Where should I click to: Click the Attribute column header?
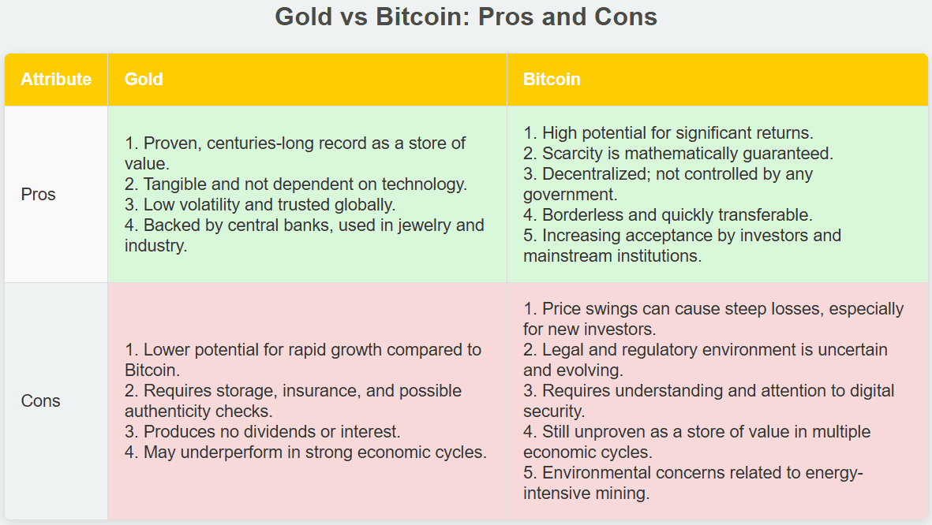coord(56,79)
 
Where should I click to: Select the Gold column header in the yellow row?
coord(144,79)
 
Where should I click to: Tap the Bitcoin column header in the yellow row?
coord(552,79)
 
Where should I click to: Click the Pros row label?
coord(38,194)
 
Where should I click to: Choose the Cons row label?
coord(40,401)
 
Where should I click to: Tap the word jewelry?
coord(425,225)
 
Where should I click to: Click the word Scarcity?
coord(572,153)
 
